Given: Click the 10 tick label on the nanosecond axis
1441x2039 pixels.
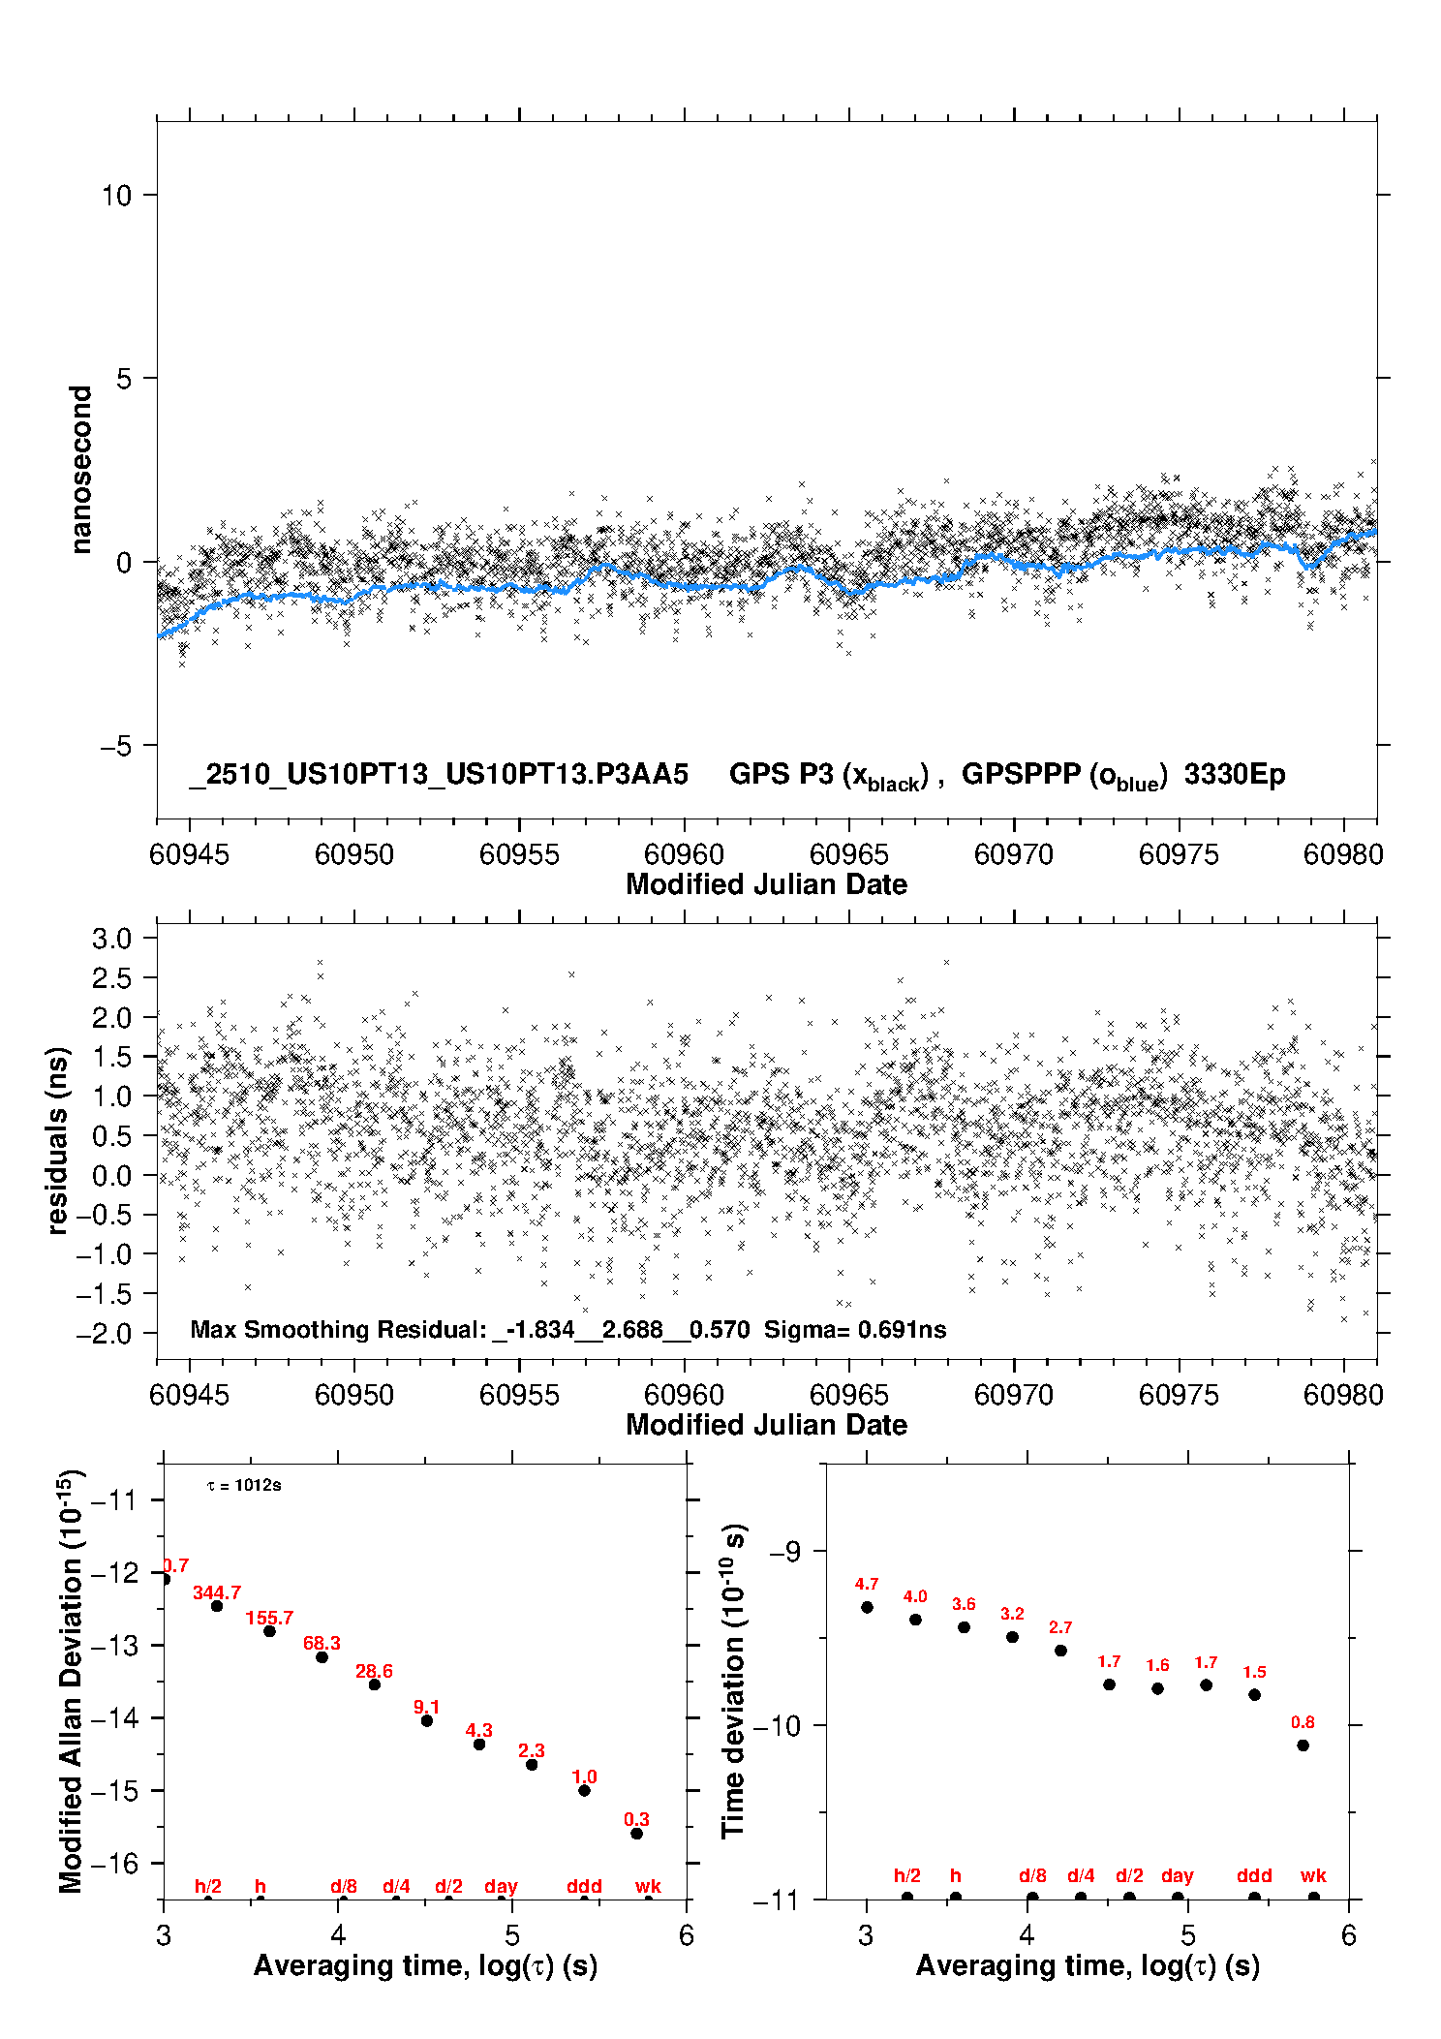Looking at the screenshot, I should (x=116, y=196).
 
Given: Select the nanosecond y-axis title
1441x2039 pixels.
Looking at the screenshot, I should (x=80, y=469).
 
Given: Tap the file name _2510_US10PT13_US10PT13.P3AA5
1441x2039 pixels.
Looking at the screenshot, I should (x=439, y=774).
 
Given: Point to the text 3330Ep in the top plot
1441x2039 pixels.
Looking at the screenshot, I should (x=1235, y=774).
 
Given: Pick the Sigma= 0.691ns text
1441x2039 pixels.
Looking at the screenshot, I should (x=855, y=1329).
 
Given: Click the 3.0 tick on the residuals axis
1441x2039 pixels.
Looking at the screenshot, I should (x=111, y=938).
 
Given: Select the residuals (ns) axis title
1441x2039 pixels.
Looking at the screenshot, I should (x=58, y=1140).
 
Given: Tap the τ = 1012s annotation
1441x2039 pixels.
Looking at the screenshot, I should (x=244, y=1485).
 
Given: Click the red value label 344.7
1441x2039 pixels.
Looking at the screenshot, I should (x=217, y=1592).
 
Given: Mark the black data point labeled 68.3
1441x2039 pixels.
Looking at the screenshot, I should (x=322, y=1657).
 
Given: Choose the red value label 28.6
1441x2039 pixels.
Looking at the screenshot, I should (x=374, y=1671).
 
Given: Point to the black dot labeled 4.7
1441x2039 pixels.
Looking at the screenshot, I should (x=867, y=1607).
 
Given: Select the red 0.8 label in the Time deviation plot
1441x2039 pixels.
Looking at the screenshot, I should (x=1303, y=1722).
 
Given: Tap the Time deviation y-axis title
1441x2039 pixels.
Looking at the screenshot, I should (x=734, y=1681).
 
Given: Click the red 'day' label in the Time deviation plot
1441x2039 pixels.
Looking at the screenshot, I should (x=1178, y=1876).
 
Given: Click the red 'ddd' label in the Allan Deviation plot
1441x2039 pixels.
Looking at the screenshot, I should (x=584, y=1886).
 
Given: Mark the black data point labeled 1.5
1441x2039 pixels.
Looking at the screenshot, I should (x=1254, y=1695).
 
